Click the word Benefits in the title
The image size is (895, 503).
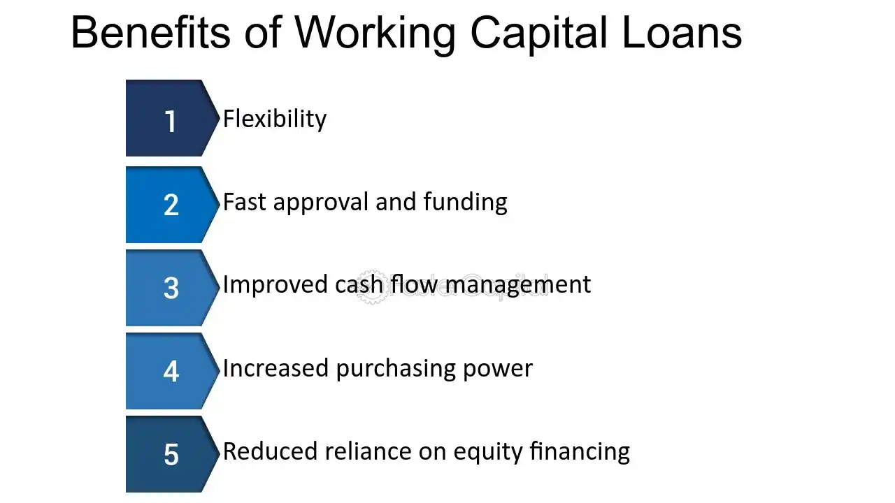pyautogui.click(x=151, y=32)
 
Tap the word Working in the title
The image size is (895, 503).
pyautogui.click(x=375, y=35)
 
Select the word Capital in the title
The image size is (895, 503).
pyautogui.click(x=539, y=35)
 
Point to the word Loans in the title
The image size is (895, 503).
pyautogui.click(x=682, y=32)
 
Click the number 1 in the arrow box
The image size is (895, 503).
pyautogui.click(x=171, y=122)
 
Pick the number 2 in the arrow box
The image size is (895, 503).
pyautogui.click(x=171, y=205)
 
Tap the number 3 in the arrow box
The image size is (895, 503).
pyautogui.click(x=171, y=288)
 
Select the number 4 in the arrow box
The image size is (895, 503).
pyautogui.click(x=171, y=371)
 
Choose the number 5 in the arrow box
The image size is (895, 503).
pyautogui.click(x=171, y=454)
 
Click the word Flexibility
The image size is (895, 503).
pyautogui.click(x=275, y=119)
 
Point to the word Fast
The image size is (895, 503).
pyautogui.click(x=245, y=202)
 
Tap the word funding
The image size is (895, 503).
pyautogui.click(x=466, y=203)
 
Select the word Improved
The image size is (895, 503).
pyautogui.click(x=275, y=284)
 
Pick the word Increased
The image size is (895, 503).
pyautogui.click(x=275, y=368)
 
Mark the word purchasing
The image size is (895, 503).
pyautogui.click(x=396, y=369)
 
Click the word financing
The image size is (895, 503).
pyautogui.click(x=580, y=452)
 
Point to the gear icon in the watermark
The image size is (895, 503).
pyautogui.click(x=372, y=287)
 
